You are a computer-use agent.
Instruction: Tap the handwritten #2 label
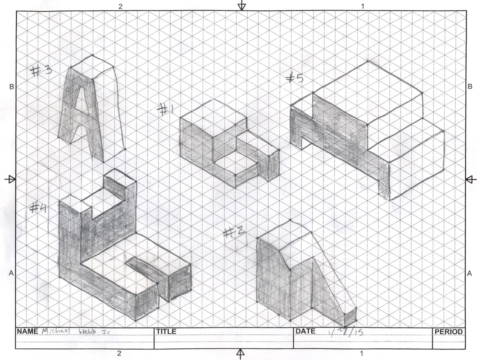point(235,233)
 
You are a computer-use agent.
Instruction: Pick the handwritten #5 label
point(295,78)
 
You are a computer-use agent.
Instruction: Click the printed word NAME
point(28,332)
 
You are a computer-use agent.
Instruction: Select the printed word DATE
point(306,332)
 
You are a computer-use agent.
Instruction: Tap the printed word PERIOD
point(448,332)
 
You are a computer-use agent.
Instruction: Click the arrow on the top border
point(242,5)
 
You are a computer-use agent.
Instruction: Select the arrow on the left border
point(9,179)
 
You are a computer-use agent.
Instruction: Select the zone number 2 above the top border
point(120,6)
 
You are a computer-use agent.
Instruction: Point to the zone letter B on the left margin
point(11,86)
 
